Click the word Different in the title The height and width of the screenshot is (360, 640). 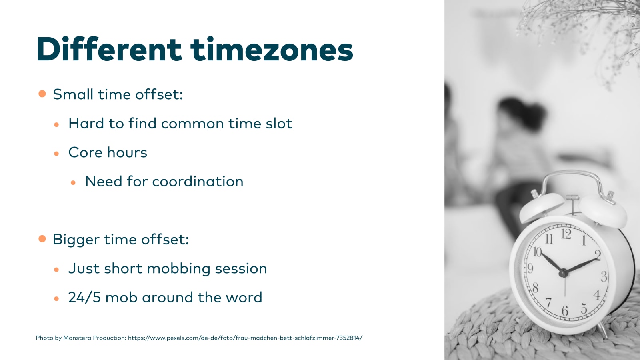point(109,49)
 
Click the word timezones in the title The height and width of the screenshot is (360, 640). point(272,49)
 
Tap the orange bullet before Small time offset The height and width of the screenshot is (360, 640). point(42,94)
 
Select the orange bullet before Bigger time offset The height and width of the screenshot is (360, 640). point(42,238)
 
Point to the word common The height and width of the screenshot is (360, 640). point(192,124)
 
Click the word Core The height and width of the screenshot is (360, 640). point(86,152)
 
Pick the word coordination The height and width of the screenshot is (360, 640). point(198,182)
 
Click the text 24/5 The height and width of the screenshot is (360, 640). point(84,297)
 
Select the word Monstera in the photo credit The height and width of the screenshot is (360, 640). point(77,338)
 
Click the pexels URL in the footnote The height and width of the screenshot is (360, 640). point(245,338)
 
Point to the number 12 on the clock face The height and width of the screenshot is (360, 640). point(566,234)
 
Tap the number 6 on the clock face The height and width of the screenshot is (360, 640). point(565,311)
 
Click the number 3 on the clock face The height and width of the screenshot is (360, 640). point(604,276)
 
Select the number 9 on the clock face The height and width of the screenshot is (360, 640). point(530,268)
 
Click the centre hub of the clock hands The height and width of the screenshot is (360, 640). point(564,274)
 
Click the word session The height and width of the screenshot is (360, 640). point(241,269)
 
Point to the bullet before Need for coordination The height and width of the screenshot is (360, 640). point(73,182)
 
